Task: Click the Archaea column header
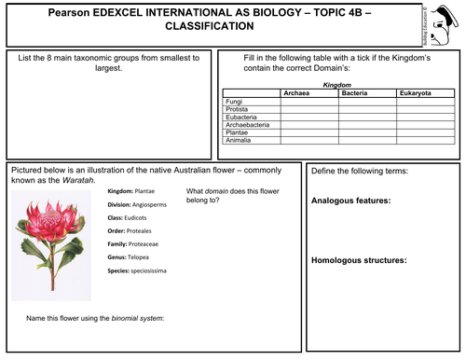click(308, 93)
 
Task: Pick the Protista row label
click(238, 108)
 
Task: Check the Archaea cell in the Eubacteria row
click(308, 116)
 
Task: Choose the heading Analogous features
click(350, 200)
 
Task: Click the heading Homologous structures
click(358, 260)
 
